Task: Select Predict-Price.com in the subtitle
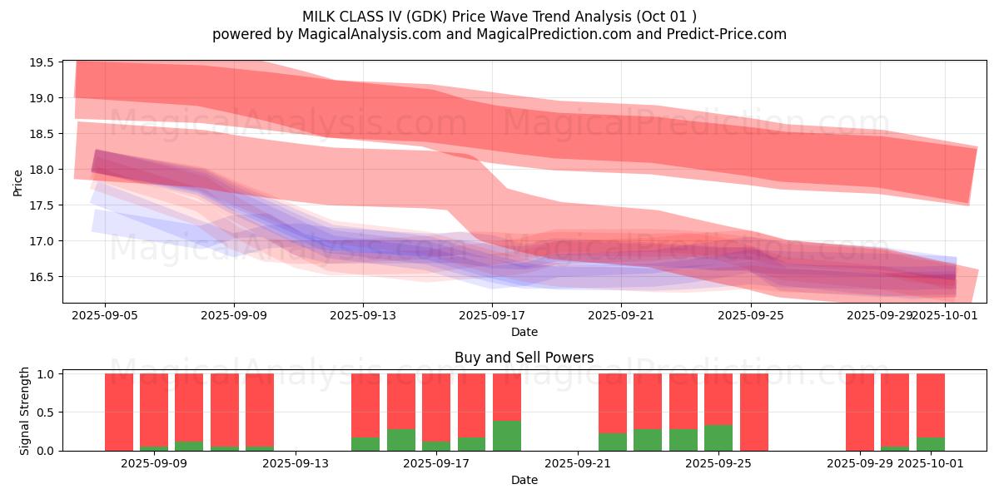pyautogui.click(x=733, y=34)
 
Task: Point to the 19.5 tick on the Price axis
pyautogui.click(x=42, y=62)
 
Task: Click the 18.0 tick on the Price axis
pyautogui.click(x=42, y=170)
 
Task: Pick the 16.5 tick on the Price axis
pyautogui.click(x=42, y=277)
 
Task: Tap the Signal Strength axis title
pyautogui.click(x=25, y=411)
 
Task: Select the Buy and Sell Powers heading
pyautogui.click(x=524, y=358)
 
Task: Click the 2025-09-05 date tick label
pyautogui.click(x=105, y=315)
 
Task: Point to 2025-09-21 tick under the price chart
pyautogui.click(x=621, y=315)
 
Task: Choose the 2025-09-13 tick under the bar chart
pyautogui.click(x=296, y=463)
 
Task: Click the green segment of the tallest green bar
pyautogui.click(x=506, y=436)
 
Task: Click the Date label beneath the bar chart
pyautogui.click(x=524, y=480)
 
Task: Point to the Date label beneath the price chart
pyautogui.click(x=524, y=332)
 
